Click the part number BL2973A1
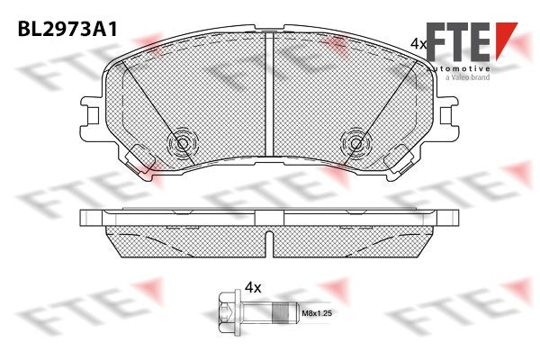point(67,30)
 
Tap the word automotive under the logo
point(458,68)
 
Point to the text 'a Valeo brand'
point(467,77)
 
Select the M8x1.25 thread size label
point(317,313)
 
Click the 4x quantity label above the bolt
point(253,287)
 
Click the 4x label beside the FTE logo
point(418,44)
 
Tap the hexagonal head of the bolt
point(228,313)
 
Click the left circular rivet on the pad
point(183,143)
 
